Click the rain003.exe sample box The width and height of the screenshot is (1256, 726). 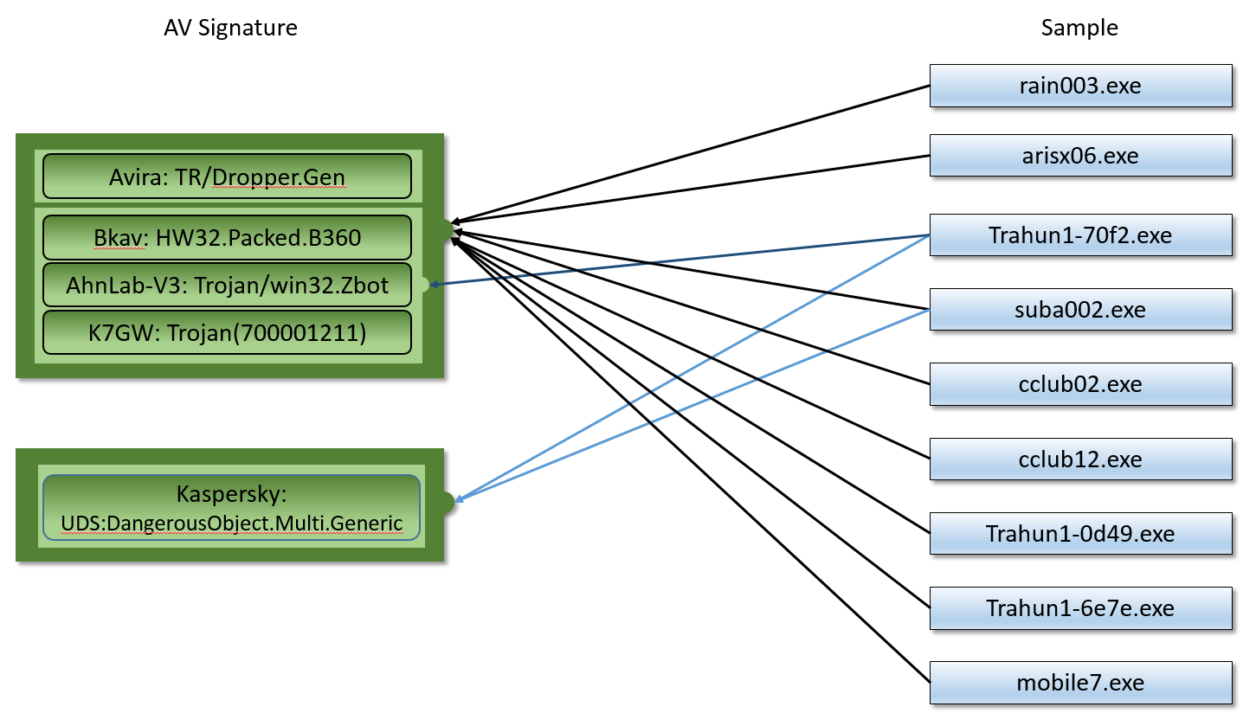pos(1080,86)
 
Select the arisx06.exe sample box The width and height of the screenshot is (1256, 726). pos(1080,156)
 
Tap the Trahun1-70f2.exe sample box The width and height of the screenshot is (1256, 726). pos(1080,235)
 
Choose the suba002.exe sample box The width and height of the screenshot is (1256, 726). pos(1080,309)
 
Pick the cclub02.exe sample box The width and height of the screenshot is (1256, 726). pos(1080,384)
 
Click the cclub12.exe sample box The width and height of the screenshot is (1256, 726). pos(1080,459)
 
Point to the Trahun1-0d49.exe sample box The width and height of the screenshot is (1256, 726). pos(1080,533)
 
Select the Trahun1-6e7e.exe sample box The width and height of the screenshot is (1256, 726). pos(1080,608)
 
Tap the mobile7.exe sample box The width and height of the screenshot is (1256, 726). pos(1080,683)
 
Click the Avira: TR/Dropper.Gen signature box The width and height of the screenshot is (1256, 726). pos(227,177)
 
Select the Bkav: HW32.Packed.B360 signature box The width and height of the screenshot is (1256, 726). pos(227,237)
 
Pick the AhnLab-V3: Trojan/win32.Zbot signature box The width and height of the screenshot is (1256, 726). pos(227,285)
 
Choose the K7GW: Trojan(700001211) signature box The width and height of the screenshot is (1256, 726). pos(227,331)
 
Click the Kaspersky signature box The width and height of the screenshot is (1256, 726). pos(231,508)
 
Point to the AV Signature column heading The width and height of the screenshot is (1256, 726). pos(230,28)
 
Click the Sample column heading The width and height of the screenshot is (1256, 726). pos(1079,28)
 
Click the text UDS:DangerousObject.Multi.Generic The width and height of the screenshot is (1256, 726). pos(231,524)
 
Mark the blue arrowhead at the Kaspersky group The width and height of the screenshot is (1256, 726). pos(461,499)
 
